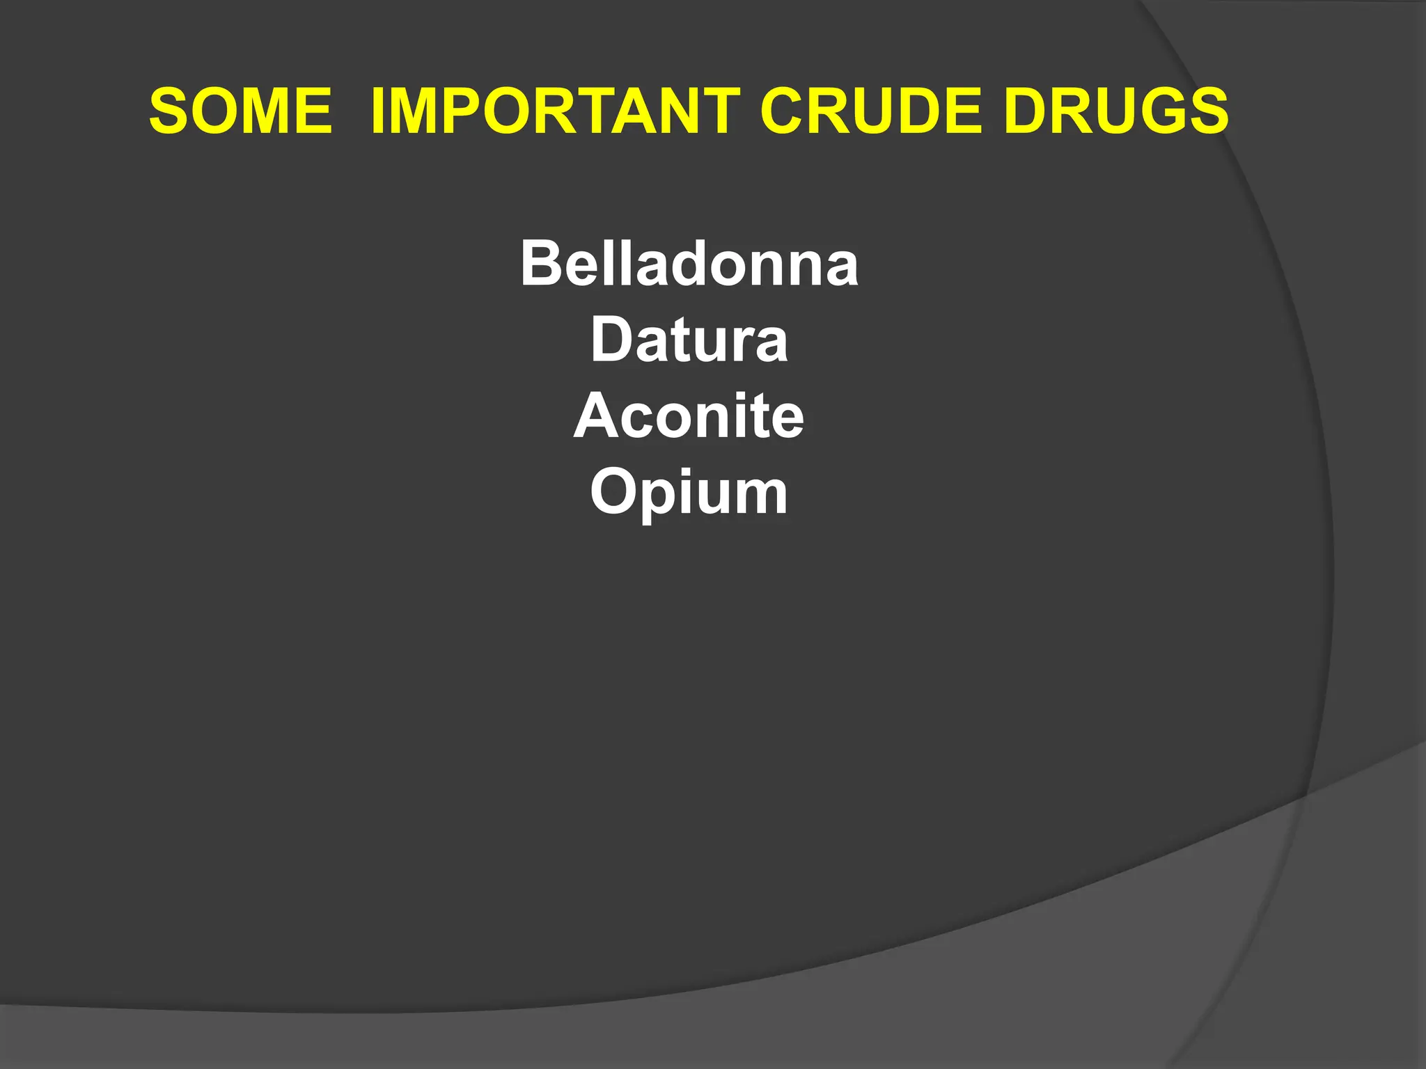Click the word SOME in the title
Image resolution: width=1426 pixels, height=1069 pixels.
click(x=241, y=111)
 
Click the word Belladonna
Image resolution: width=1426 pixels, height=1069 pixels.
click(x=689, y=264)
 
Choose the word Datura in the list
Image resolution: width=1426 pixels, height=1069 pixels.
click(x=689, y=340)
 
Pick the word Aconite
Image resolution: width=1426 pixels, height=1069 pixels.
click(x=689, y=416)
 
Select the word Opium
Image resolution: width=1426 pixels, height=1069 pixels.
click(x=689, y=493)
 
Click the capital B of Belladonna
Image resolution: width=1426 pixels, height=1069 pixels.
click(x=541, y=263)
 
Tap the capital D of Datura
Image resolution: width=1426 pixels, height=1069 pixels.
click(x=611, y=340)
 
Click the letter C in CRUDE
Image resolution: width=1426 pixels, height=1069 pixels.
click(x=783, y=111)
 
